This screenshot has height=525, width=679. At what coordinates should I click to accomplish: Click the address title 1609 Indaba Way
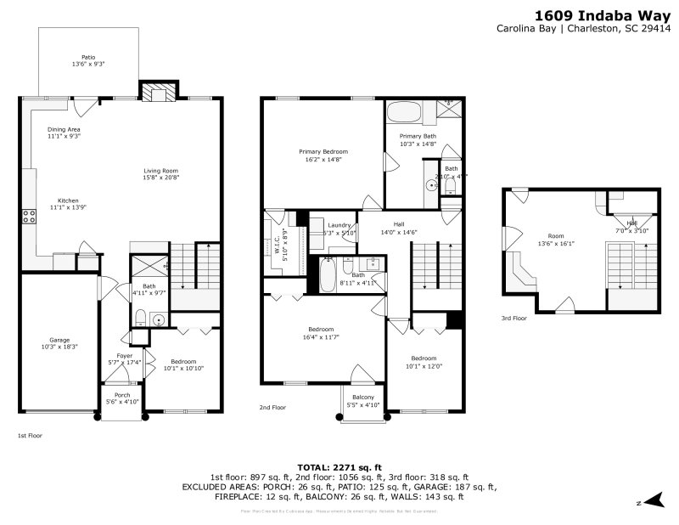pyautogui.click(x=603, y=14)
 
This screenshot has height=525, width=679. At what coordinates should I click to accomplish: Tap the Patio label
pyautogui.click(x=88, y=57)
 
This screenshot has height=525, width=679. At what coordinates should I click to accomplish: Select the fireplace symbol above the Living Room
pyautogui.click(x=158, y=92)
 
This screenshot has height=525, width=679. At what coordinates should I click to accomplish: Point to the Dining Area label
pyautogui.click(x=64, y=129)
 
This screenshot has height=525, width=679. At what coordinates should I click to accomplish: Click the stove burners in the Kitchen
pyautogui.click(x=28, y=216)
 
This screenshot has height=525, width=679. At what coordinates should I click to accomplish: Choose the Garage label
pyautogui.click(x=59, y=340)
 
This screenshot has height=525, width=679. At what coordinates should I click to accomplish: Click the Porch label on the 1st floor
pyautogui.click(x=123, y=395)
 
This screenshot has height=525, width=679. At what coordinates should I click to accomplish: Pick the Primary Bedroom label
pyautogui.click(x=323, y=151)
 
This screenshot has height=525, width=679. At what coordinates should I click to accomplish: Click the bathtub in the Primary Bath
pyautogui.click(x=409, y=112)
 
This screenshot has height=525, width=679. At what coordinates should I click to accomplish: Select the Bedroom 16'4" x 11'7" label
pyautogui.click(x=321, y=330)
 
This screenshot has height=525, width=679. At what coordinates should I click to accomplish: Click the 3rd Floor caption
pyautogui.click(x=513, y=319)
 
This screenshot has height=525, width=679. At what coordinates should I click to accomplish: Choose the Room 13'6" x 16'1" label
pyautogui.click(x=556, y=235)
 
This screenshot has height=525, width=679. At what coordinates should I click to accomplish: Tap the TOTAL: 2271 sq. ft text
pyautogui.click(x=339, y=467)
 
